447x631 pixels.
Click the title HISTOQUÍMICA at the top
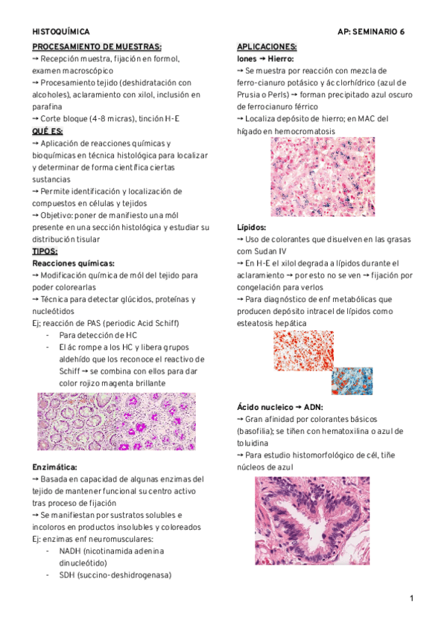[61, 32]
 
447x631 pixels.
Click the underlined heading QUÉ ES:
[48, 131]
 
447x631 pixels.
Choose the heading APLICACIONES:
[267, 46]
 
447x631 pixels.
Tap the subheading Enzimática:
[56, 467]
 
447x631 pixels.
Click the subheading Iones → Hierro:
[265, 58]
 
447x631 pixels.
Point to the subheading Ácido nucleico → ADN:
[279, 406]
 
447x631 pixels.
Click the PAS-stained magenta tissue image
[116, 421]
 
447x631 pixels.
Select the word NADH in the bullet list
[72, 551]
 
